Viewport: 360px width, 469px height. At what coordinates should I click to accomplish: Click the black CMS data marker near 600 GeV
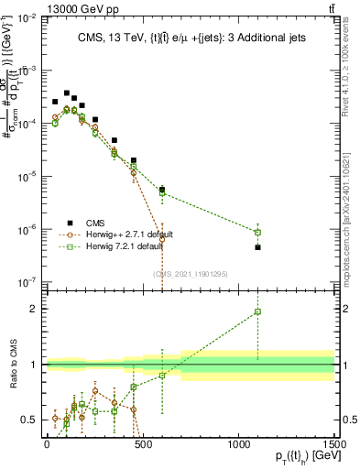tap(162, 190)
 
